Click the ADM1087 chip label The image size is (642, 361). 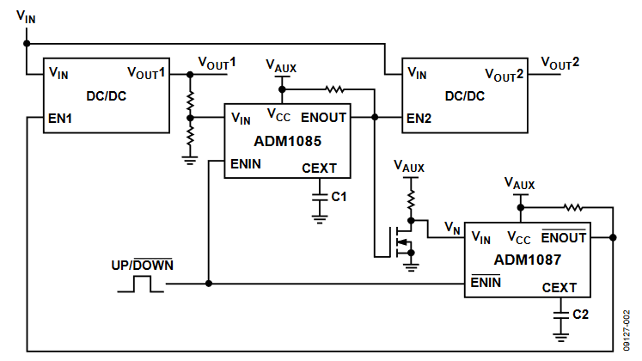tap(525, 258)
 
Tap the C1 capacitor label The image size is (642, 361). tap(339, 197)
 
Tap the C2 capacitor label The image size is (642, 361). tap(580, 315)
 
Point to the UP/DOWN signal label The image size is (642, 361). tap(142, 265)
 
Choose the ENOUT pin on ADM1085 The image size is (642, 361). tap(324, 117)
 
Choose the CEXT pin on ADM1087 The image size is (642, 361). tap(560, 288)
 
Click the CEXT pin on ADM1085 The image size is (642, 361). tap(320, 168)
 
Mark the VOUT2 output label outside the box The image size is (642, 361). tap(559, 64)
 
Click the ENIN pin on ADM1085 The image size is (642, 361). tap(246, 162)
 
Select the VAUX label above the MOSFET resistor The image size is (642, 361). tap(410, 166)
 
